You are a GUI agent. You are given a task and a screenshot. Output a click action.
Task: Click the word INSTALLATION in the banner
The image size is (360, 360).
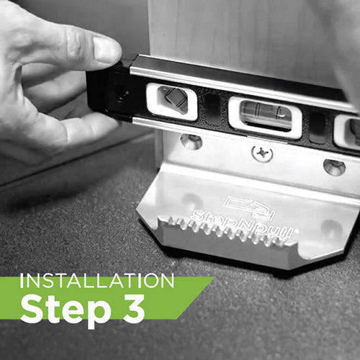(97, 281)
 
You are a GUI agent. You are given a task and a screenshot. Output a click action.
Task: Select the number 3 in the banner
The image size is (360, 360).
(134, 308)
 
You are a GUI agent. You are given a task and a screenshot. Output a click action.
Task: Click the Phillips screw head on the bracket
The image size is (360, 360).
(262, 153)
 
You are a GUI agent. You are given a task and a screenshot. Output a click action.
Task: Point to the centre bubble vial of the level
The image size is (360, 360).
(265, 112)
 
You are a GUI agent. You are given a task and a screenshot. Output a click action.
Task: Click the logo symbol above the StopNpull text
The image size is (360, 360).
(250, 207)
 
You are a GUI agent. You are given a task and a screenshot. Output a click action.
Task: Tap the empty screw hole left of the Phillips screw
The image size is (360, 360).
(191, 142)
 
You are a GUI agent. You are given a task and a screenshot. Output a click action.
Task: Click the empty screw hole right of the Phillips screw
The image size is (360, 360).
(334, 166)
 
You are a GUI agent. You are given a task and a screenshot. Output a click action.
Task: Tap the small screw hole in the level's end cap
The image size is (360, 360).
(121, 93)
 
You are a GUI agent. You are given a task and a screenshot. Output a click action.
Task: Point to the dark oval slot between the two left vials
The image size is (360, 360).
(212, 109)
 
